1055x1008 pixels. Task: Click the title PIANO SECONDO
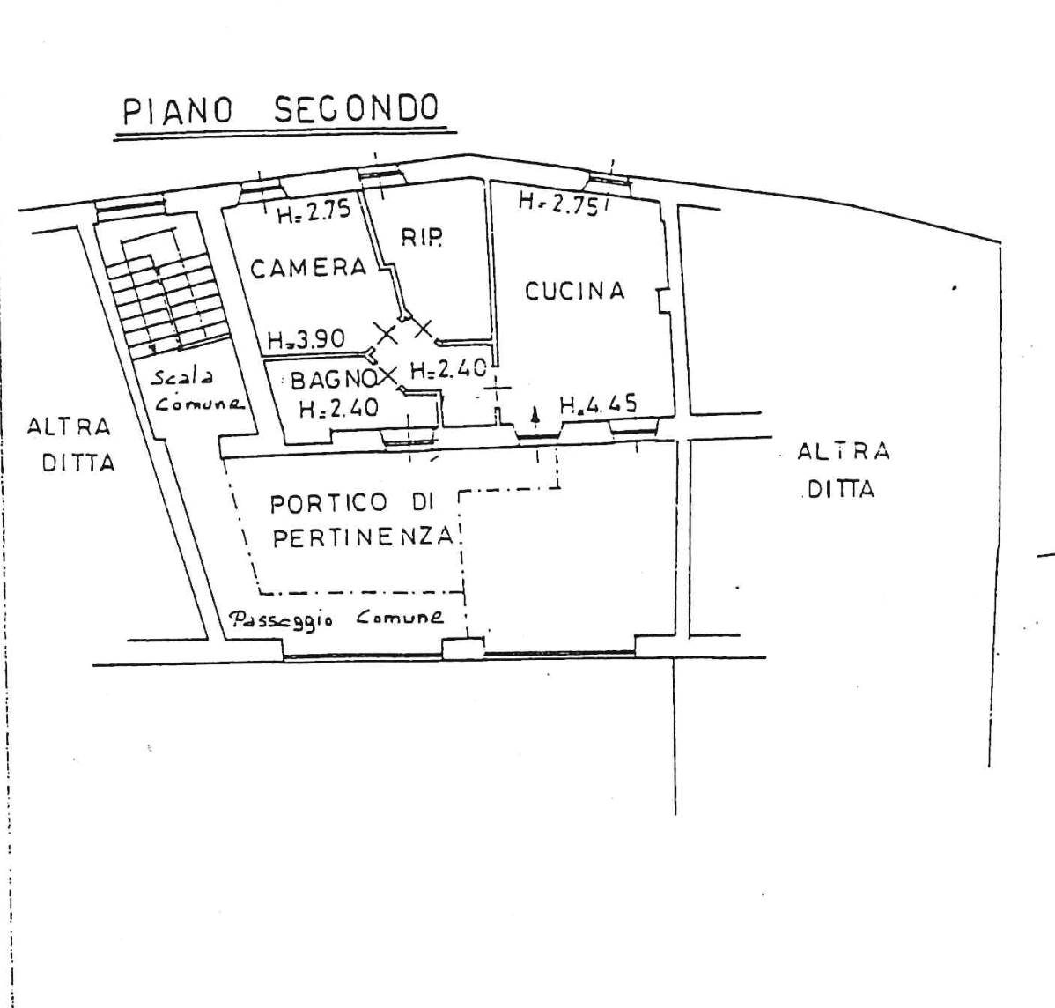click(281, 110)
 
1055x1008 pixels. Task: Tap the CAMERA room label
click(309, 268)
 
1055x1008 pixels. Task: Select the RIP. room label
click(422, 237)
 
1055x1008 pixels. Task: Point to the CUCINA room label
click(574, 291)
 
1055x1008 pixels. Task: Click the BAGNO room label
click(333, 381)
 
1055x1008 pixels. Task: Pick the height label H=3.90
click(306, 338)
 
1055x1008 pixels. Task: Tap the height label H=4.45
click(598, 404)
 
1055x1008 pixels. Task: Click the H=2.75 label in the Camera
click(314, 212)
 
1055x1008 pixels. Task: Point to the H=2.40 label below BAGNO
click(338, 408)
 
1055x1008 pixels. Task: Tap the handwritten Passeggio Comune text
click(337, 619)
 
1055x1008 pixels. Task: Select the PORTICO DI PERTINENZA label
click(362, 520)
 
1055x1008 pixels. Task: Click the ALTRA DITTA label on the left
click(70, 445)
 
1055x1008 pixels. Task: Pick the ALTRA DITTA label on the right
click(843, 470)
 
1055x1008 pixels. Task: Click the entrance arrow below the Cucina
click(535, 415)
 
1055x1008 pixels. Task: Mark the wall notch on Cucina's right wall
click(663, 300)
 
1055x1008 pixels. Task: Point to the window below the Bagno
click(409, 439)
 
